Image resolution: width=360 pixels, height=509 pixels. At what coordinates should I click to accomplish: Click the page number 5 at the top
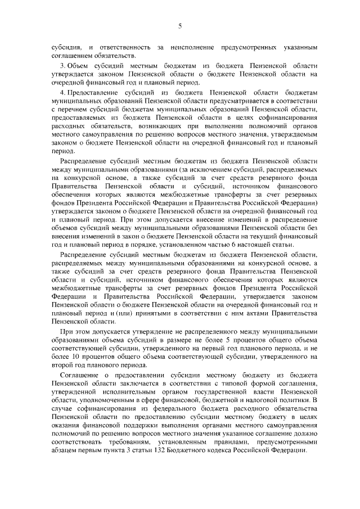click(180, 26)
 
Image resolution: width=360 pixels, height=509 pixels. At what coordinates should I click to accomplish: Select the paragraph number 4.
click(62, 91)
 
